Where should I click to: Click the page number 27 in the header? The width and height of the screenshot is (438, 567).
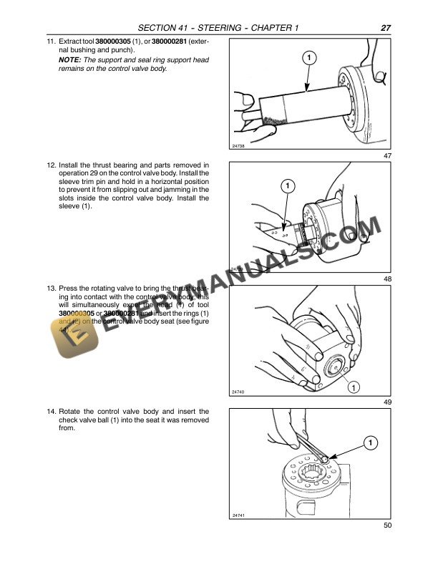(385, 28)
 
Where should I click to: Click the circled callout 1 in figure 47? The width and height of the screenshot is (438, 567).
(307, 57)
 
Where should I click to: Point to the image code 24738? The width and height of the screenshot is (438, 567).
(239, 145)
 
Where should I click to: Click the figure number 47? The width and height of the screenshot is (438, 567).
(387, 156)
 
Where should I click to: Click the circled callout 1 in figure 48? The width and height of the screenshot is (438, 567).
(287, 187)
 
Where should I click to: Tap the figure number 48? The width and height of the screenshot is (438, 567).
(387, 278)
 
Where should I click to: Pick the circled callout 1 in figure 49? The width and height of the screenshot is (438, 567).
(352, 387)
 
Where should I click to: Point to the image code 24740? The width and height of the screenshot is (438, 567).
(239, 392)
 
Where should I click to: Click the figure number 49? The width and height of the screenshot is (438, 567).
(387, 402)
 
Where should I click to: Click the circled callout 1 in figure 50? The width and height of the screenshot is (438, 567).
(369, 443)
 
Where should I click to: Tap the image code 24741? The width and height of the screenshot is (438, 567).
(239, 515)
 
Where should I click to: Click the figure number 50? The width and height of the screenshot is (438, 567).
(387, 526)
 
